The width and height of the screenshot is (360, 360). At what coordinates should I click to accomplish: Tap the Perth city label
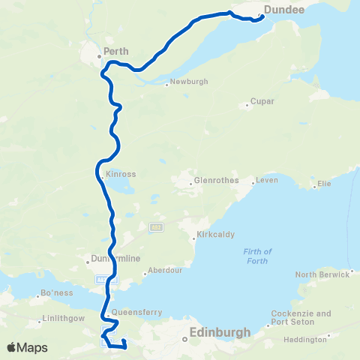tap(116, 52)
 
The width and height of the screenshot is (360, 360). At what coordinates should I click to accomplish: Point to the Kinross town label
tap(121, 174)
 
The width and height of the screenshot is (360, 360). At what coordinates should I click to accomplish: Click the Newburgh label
tap(187, 82)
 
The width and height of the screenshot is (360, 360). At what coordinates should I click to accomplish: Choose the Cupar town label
tap(264, 100)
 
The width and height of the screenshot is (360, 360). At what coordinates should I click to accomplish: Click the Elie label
tap(324, 183)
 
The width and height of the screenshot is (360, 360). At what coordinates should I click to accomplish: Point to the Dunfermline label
tap(115, 259)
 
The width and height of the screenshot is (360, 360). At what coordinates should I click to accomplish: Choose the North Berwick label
tap(322, 274)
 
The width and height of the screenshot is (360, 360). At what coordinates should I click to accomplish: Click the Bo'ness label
tap(55, 292)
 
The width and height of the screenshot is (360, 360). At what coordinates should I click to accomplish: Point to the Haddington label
tap(306, 339)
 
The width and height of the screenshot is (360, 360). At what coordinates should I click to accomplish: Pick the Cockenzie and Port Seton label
tap(302, 317)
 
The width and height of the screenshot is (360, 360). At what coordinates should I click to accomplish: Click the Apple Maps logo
tap(28, 348)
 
